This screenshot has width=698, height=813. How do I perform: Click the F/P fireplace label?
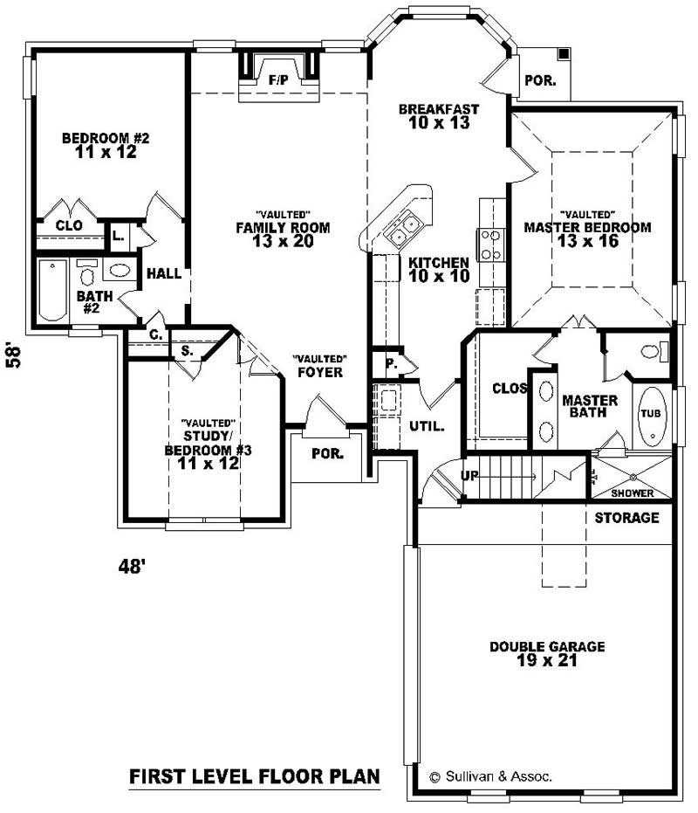tap(278, 80)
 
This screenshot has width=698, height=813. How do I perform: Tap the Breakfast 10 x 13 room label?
tap(438, 116)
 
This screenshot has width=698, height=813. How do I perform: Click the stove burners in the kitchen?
tap(489, 245)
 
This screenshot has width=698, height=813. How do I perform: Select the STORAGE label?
tap(626, 518)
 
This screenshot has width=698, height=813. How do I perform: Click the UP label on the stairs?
tap(469, 476)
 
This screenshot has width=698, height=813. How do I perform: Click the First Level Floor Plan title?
tap(255, 775)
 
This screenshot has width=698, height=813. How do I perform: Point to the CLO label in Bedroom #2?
tap(69, 225)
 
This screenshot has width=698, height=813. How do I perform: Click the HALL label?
tap(164, 273)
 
